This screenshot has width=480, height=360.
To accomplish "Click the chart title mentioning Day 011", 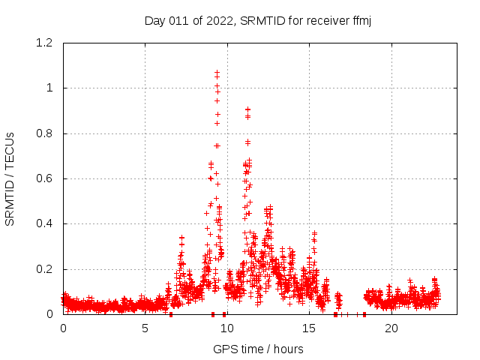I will [258, 21].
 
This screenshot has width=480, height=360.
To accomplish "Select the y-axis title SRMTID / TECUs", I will [10, 178].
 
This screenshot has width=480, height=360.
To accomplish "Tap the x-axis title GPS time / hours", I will [258, 349].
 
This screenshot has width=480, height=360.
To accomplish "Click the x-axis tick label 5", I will [145, 328].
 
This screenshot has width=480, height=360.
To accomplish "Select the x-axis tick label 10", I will [227, 328].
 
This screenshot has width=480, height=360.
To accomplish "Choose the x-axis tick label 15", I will [310, 328].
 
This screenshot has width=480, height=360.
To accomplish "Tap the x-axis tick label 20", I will [391, 328].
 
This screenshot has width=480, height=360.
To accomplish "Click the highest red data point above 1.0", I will [217, 73].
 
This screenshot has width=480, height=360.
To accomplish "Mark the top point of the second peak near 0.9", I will [247, 109].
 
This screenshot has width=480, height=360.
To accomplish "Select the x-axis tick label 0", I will [63, 328].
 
